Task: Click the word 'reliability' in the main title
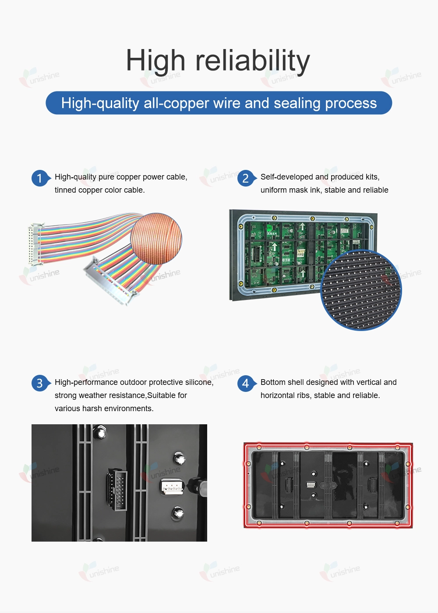coord(253,61)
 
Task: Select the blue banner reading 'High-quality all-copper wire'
coord(219,103)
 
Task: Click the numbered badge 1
coord(40,179)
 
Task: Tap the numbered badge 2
coord(246,179)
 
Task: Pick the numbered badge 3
coord(40,383)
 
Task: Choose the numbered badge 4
coord(246,383)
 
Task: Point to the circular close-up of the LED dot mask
coord(361,290)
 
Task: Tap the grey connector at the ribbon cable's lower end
coord(111,281)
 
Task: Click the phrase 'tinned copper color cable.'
coord(100,190)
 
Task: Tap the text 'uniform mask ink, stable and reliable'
coord(325,190)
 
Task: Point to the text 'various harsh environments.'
coord(104,408)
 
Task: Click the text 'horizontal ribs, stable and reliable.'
coord(320,395)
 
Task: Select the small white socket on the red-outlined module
coord(311,485)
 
